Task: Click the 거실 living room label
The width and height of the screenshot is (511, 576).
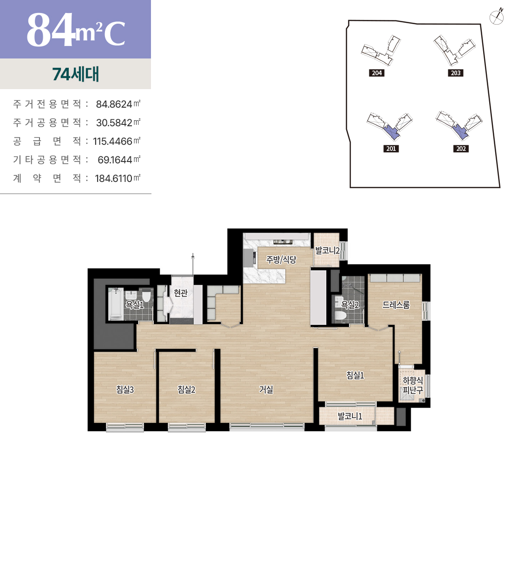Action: coord(266,389)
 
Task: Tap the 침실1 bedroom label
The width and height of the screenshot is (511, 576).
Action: coord(355,375)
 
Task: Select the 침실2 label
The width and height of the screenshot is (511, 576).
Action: coord(186,389)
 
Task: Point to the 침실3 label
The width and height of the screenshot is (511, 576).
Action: coord(125,389)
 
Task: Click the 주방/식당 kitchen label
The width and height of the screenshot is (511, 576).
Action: coord(281,259)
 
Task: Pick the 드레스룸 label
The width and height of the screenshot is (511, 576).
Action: coord(396,305)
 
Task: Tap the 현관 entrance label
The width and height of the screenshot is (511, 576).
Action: coord(181,292)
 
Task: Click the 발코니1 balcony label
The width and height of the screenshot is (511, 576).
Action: coord(350,416)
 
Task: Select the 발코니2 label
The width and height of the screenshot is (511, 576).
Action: coord(327,251)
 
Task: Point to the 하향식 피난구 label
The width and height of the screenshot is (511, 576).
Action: coord(413,385)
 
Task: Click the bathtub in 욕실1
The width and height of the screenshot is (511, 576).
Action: coord(116,304)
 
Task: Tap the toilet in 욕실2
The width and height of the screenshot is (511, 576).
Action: coord(341,315)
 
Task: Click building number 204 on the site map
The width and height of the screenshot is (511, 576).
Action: coord(377,73)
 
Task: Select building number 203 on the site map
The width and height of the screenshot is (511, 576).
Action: coord(456,73)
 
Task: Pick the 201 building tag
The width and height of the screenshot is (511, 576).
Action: coord(391,149)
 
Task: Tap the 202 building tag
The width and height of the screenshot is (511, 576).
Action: coord(461,149)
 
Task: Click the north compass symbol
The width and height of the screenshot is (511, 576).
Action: coord(497,17)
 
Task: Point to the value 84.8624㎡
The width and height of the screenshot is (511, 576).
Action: coord(118,104)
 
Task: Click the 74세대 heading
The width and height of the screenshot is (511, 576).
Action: coord(76,74)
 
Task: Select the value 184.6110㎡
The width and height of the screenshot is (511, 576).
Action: coord(118,178)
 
